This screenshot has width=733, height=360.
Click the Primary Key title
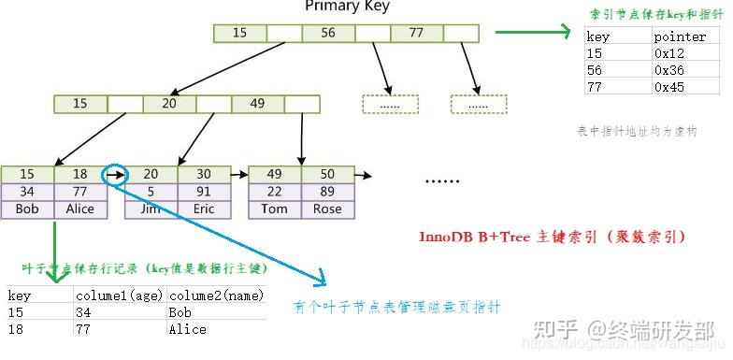pos(347,7)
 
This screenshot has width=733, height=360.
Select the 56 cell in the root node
pos(327,33)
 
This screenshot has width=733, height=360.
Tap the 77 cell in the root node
pos(416,33)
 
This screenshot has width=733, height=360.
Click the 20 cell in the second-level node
pos(168,103)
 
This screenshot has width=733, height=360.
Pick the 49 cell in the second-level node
pos(257,103)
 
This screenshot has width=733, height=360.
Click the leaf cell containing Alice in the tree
pos(80,209)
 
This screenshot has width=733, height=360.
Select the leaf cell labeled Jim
pos(151,209)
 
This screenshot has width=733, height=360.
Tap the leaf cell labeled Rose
pos(327,209)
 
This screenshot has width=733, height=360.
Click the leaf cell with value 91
pos(204,192)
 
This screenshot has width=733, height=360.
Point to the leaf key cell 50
pos(327,174)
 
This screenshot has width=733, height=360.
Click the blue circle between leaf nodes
pos(112,175)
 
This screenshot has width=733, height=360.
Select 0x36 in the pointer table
pos(669,70)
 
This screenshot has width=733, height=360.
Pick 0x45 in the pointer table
pos(669,86)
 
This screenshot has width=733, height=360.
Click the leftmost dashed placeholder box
pos(389,104)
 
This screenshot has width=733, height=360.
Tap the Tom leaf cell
pos(274,209)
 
